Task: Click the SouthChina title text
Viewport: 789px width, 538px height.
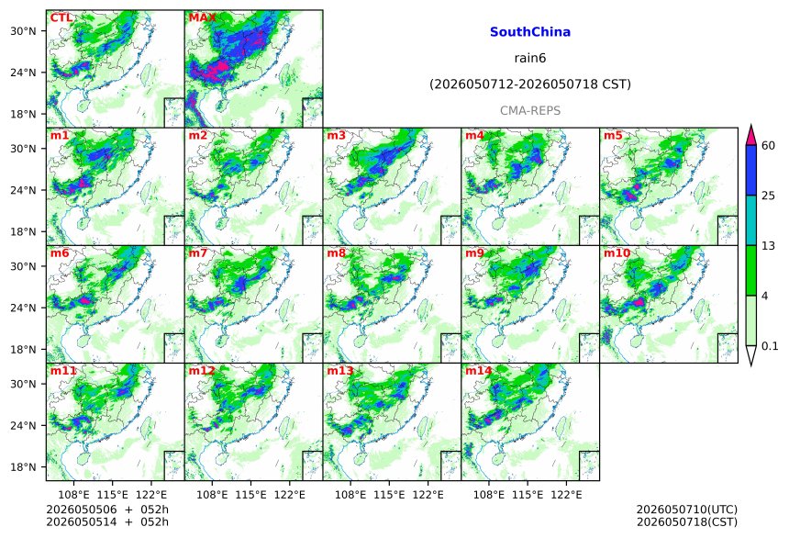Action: pos(530,32)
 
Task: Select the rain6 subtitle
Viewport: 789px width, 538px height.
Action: pos(530,58)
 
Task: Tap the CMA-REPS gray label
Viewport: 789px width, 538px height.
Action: pos(530,110)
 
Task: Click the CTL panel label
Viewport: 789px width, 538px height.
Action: pos(61,18)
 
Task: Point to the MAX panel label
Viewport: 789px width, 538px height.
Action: pos(202,18)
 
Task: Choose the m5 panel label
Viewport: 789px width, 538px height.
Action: pos(613,136)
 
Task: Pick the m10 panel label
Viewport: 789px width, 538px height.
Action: pos(617,252)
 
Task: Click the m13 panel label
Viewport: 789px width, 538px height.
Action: pos(340,371)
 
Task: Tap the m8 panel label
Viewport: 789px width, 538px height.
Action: pos(336,252)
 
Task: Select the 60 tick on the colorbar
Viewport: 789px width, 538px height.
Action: pos(768,146)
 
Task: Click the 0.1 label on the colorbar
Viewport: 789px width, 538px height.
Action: pos(770,346)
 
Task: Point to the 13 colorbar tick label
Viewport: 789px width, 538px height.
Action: pos(768,246)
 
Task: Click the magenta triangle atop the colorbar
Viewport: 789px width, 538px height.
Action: pos(750,135)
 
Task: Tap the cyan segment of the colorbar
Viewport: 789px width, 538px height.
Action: pos(750,220)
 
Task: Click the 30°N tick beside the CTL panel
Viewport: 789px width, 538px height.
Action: pos(23,31)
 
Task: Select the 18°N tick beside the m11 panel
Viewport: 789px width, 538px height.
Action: pos(23,467)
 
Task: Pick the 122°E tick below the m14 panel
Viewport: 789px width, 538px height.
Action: pos(566,495)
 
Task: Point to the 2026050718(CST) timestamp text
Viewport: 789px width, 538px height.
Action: pos(687,521)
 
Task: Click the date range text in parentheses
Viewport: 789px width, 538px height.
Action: pos(530,84)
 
